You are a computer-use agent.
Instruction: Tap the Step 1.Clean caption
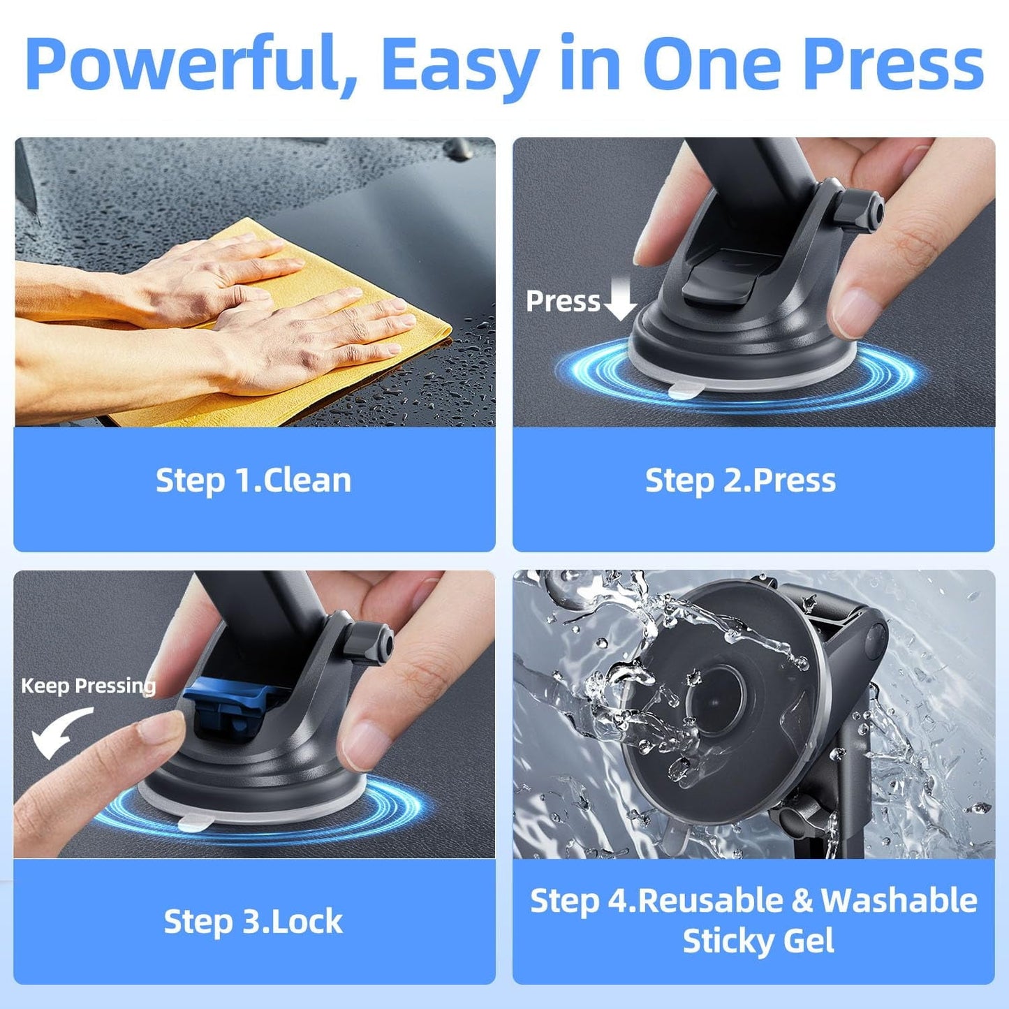pyautogui.click(x=253, y=480)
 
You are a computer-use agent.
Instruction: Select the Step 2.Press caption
pyautogui.click(x=740, y=480)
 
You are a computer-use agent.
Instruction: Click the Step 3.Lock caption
pyautogui.click(x=253, y=921)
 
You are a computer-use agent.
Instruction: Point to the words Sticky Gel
pyautogui.click(x=758, y=941)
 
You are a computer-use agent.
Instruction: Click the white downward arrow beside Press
pyautogui.click(x=620, y=298)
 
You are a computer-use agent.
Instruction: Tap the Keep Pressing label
pyautogui.click(x=88, y=686)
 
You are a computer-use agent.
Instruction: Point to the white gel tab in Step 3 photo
pyautogui.click(x=196, y=824)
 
